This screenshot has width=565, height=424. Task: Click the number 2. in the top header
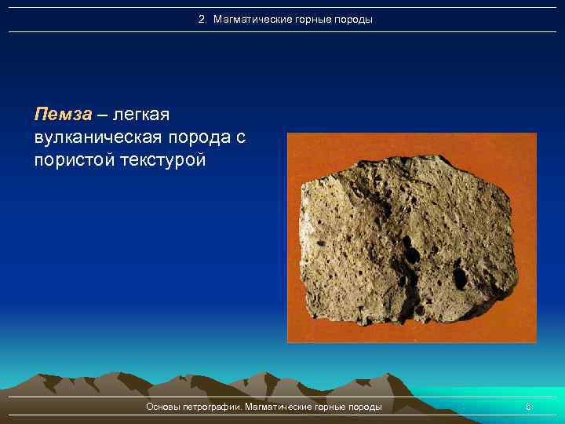click(x=203, y=19)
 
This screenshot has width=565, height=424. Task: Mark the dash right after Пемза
click(x=102, y=115)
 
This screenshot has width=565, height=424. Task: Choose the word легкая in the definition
click(x=141, y=115)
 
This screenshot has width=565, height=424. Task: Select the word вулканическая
click(x=96, y=138)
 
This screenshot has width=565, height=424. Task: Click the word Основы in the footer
click(x=163, y=407)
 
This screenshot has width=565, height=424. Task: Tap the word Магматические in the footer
click(x=279, y=407)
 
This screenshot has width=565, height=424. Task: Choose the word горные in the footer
click(x=333, y=407)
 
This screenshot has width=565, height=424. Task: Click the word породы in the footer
click(x=366, y=407)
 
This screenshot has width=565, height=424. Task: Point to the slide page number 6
click(x=528, y=407)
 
